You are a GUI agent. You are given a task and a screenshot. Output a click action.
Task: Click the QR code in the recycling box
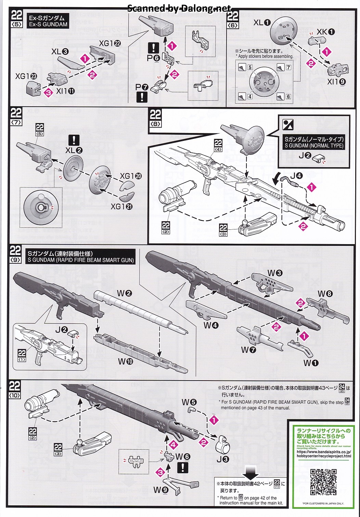pos(323,482)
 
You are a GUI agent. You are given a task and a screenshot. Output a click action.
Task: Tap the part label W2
pos(124,293)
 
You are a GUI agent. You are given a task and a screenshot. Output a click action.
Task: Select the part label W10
pos(125,361)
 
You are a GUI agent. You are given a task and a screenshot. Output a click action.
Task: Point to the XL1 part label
pos(262,23)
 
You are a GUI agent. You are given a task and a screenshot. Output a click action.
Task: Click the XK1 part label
pos(325,32)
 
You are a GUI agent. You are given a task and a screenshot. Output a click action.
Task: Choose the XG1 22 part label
pos(110,43)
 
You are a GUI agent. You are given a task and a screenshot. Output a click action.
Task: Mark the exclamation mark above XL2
pos(74,140)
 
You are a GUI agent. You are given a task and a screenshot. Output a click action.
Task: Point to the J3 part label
pos(223,459)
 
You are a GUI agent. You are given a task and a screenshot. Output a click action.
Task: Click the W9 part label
pos(161,490)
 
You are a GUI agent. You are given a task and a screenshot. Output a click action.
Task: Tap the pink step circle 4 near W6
pos(173,445)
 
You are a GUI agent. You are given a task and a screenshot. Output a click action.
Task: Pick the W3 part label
pos(275,273)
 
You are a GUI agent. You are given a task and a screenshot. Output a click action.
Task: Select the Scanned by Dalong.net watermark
pos(179,9)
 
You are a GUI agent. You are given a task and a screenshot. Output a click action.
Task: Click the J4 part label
pos(296,176)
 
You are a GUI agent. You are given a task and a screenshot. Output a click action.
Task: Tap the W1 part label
pos(311,363)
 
